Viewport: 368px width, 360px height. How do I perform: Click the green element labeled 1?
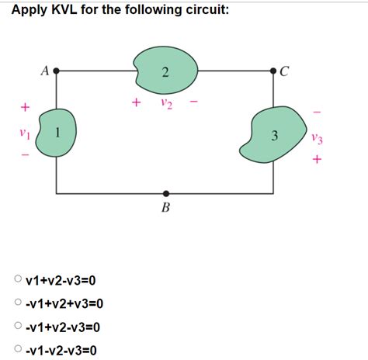tap(55, 133)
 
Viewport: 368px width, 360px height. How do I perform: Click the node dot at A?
tap(55, 70)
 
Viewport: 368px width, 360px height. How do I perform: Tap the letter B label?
tap(165, 208)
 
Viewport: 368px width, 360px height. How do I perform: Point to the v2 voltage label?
tap(165, 102)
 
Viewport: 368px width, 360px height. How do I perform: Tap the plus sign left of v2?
tap(137, 102)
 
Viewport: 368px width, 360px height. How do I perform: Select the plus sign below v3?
tap(314, 161)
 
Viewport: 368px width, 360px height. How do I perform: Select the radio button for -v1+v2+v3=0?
tap(17, 303)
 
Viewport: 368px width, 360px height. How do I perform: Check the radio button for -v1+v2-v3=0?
tap(17, 327)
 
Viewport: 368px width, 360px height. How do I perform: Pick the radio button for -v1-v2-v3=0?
tap(17, 351)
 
